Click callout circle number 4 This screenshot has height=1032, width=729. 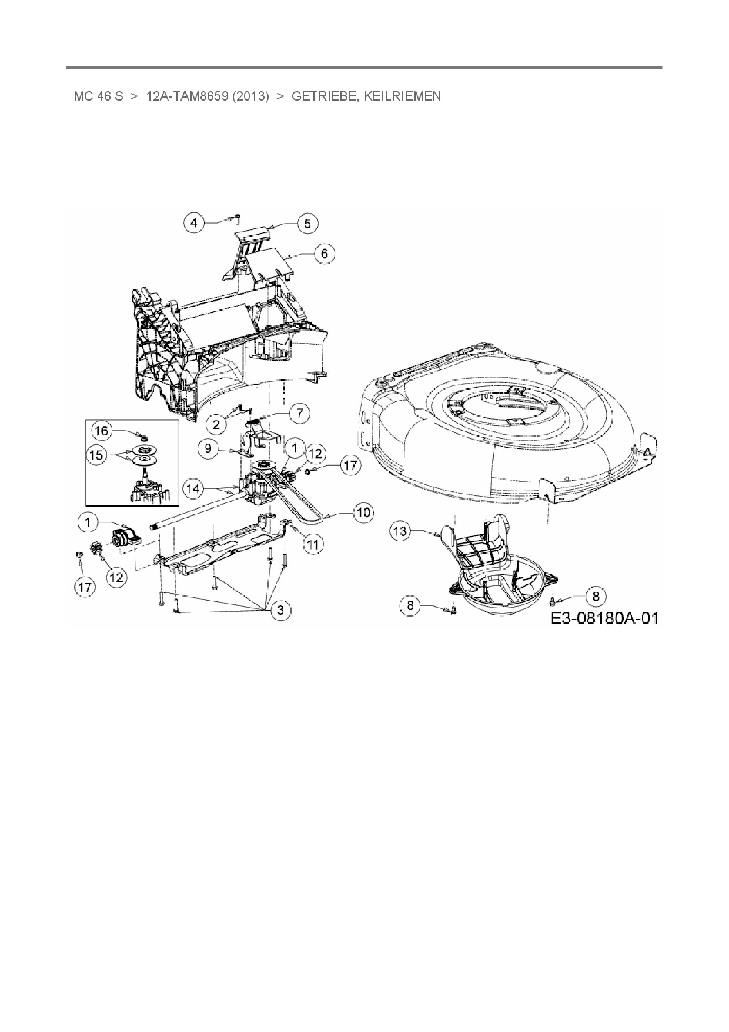pos(195,223)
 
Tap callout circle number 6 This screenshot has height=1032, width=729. pos(324,254)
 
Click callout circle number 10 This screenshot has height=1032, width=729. pos(363,512)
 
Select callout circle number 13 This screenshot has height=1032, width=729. pos(400,532)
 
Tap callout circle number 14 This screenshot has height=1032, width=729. pos(195,488)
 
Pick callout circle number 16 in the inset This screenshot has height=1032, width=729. pos(102,431)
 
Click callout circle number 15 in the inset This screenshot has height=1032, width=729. pos(98,454)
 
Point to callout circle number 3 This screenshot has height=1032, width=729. pos(280,610)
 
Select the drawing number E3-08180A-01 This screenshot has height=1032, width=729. pos(604,618)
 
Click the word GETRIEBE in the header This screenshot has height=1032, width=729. pos(323,96)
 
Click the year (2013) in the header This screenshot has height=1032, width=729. pos(250,96)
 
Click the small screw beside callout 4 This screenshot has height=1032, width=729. pos(236,219)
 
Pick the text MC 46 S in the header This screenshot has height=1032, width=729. pos(98,96)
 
